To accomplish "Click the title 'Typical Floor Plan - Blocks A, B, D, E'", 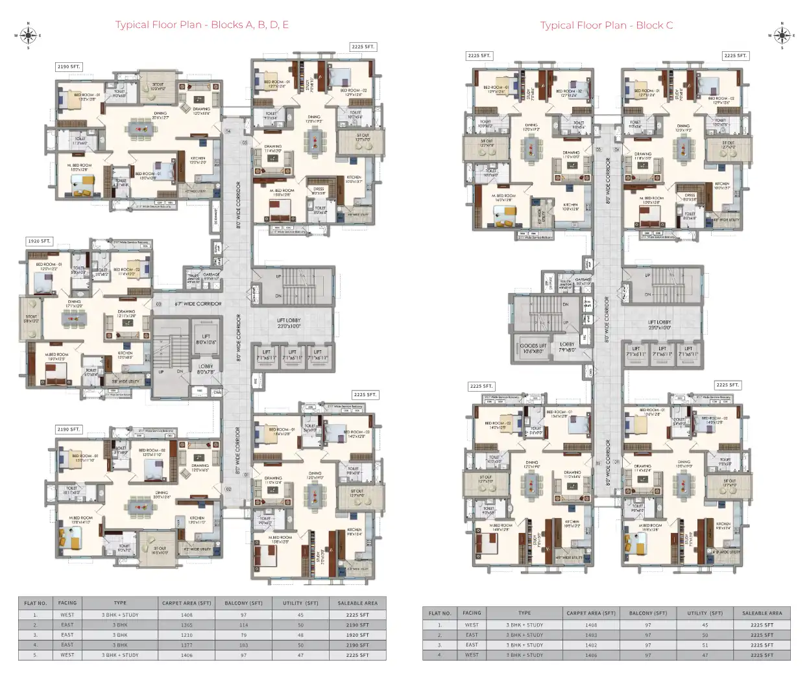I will [x=202, y=25].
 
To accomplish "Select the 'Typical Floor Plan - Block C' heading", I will [x=606, y=25].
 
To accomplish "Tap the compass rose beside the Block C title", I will [x=781, y=35].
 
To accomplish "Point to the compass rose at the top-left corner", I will [x=28, y=35].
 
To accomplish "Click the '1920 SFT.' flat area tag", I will [x=40, y=241].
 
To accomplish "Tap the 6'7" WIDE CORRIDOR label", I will [x=198, y=303].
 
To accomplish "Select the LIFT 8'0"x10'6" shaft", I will [x=206, y=339].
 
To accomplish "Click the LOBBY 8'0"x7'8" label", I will [x=206, y=369].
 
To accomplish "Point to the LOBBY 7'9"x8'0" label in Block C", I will [x=567, y=347].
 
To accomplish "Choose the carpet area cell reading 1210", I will [x=187, y=635].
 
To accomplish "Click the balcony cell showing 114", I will [x=244, y=625].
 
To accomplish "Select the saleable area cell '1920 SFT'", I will [x=357, y=635].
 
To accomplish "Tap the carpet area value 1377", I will [x=187, y=645].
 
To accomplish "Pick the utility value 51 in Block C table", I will [x=705, y=645].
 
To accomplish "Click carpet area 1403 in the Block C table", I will [x=591, y=635].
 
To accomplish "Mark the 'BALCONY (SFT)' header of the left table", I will [x=244, y=603].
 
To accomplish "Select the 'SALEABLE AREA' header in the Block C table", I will [x=762, y=613].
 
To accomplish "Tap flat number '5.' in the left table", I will [x=35, y=655].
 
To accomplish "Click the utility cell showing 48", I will [x=300, y=635].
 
